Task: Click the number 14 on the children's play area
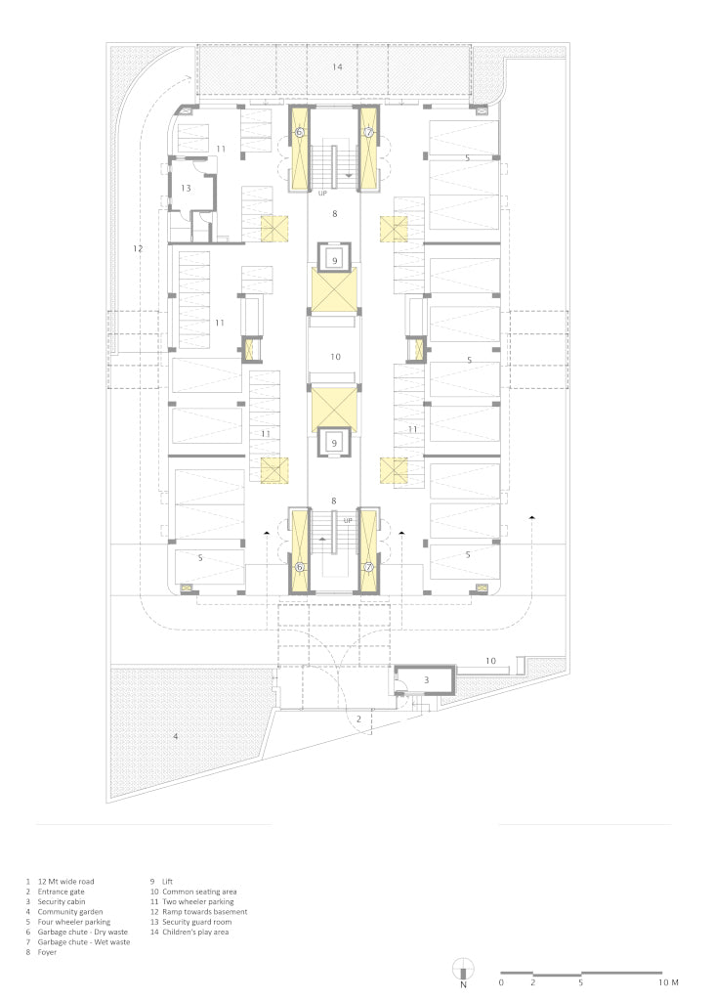click(337, 66)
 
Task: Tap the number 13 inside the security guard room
click(186, 189)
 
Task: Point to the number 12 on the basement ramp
click(138, 248)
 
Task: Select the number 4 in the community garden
click(176, 736)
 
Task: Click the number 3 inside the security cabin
click(426, 680)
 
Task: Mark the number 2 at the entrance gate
click(358, 718)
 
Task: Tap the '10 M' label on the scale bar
click(669, 982)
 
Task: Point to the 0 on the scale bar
click(501, 982)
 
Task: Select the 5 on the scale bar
click(580, 982)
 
